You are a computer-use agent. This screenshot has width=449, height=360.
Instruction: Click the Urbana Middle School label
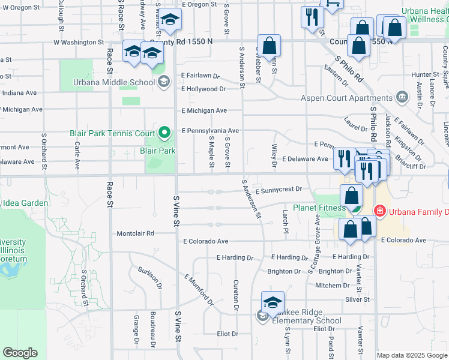tap(114, 83)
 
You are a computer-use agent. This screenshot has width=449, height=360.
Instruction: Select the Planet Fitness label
tap(319, 208)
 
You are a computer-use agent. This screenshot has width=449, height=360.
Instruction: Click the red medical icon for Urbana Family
tap(379, 211)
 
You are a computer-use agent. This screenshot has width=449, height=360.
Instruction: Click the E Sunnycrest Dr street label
tap(279, 189)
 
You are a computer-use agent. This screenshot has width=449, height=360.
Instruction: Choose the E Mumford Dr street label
tap(199, 289)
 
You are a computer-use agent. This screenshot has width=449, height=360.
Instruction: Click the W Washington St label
tap(79, 43)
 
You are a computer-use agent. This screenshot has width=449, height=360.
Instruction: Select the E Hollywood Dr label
tap(203, 89)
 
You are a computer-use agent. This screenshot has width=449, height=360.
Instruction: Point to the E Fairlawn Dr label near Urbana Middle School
tap(201, 76)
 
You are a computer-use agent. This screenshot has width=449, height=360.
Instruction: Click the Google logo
tap(20, 353)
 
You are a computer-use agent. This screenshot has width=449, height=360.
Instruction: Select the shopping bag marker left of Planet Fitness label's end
tap(351, 195)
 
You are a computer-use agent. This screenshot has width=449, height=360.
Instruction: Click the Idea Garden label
tap(25, 203)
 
